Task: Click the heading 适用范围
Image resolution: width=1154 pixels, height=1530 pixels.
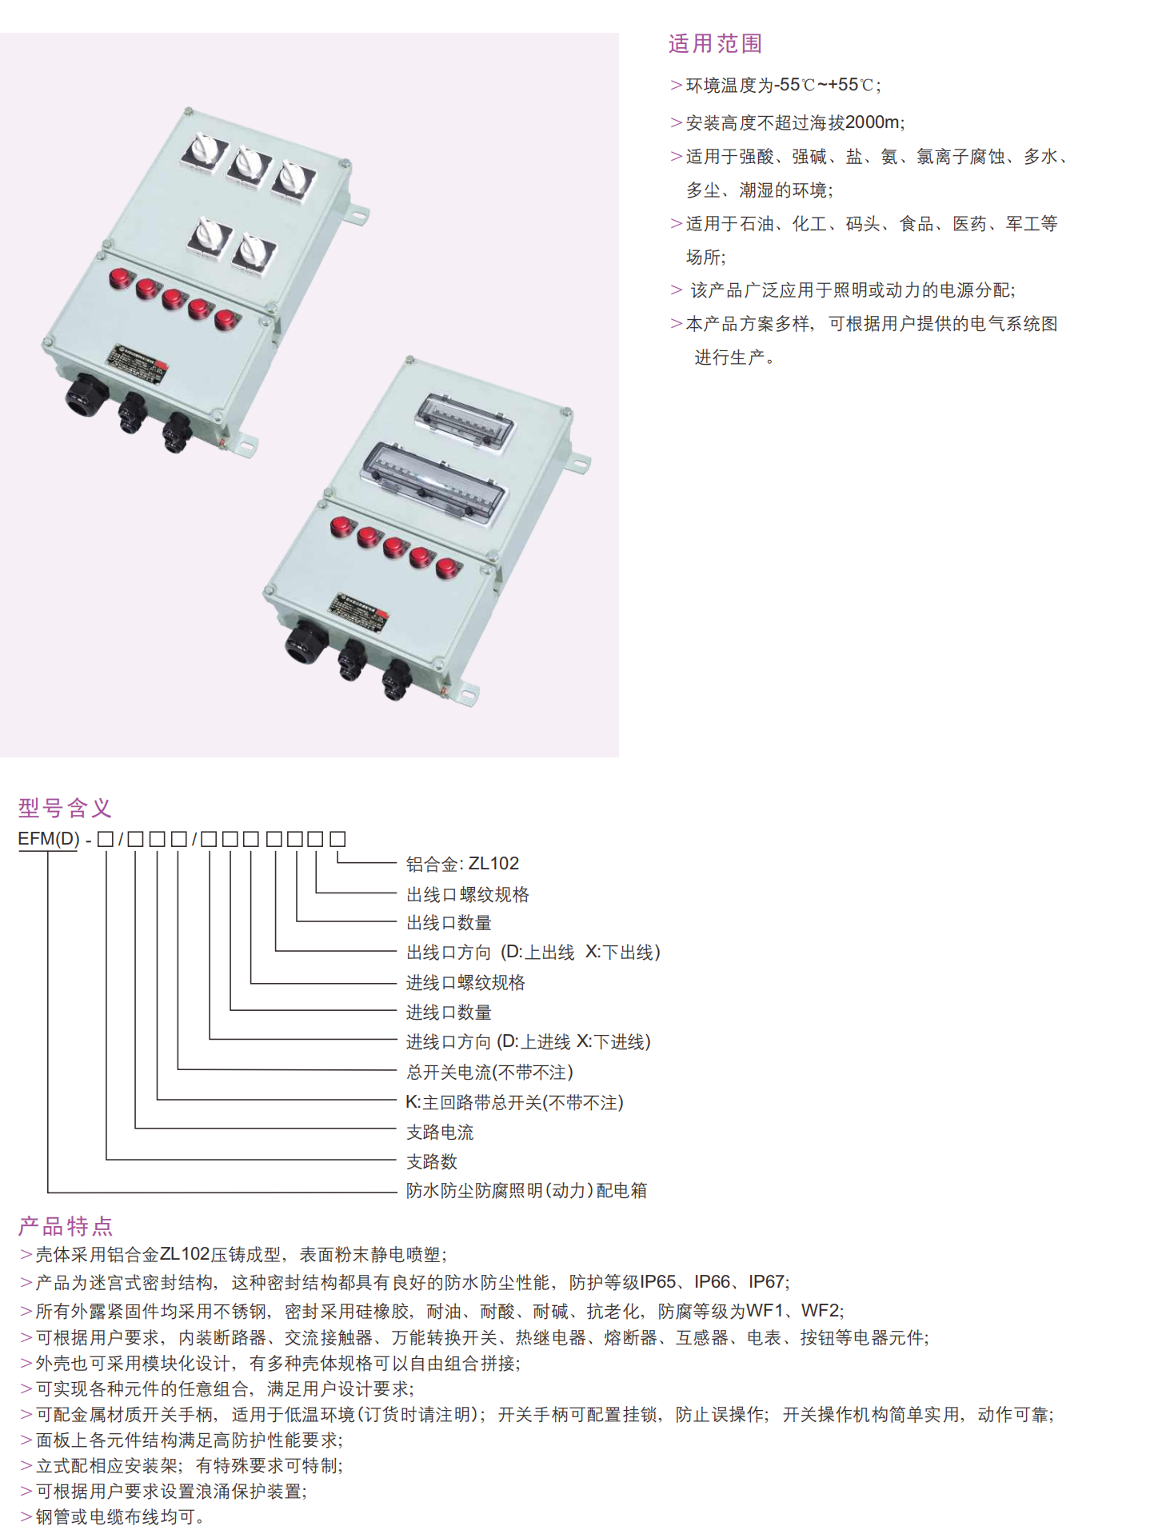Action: [715, 44]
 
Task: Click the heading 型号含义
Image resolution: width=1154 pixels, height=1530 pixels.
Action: [65, 808]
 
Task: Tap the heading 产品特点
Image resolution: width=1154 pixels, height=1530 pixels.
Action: [65, 1226]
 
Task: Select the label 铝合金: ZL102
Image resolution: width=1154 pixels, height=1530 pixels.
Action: [462, 864]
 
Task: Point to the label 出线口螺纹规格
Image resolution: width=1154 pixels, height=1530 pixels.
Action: [468, 894]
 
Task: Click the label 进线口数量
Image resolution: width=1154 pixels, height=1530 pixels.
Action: [449, 1013]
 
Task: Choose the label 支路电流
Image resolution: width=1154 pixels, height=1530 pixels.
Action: [440, 1133]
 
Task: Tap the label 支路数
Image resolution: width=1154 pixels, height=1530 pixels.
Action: [432, 1161]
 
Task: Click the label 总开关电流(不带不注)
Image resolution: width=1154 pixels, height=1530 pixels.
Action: [489, 1073]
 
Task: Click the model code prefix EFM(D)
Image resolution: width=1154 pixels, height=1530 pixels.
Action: [49, 839]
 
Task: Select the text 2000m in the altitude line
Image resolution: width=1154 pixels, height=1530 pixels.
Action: [872, 122]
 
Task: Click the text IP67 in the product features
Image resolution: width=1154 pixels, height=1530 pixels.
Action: [766, 1282]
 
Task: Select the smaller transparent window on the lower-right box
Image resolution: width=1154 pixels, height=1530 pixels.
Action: [465, 422]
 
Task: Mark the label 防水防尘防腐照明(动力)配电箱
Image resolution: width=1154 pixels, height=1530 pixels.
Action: [526, 1191]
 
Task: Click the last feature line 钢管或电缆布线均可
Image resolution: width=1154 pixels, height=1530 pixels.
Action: [118, 1516]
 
